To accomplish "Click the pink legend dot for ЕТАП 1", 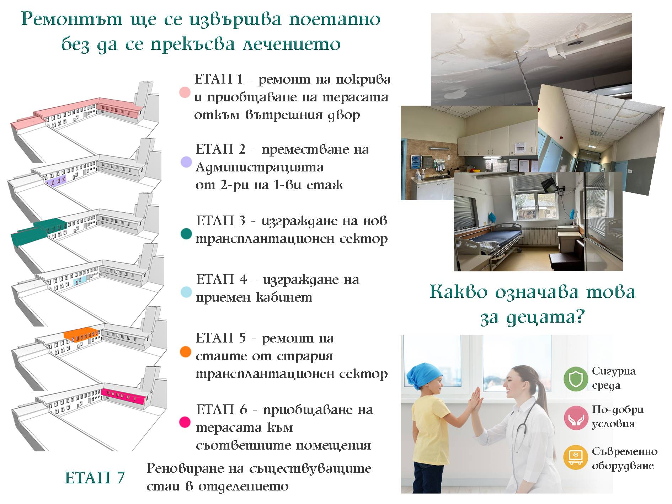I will pos(185,92).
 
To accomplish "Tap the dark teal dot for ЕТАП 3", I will pos(186,234).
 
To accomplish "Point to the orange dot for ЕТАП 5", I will pos(186,352).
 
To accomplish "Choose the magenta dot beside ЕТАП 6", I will pos(185,422).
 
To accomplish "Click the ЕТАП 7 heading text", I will pos(95,478).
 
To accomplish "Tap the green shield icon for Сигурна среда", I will pos(575,379).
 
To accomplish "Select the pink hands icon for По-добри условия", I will pos(575,418).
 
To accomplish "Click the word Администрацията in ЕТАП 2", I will pos(260,167).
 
